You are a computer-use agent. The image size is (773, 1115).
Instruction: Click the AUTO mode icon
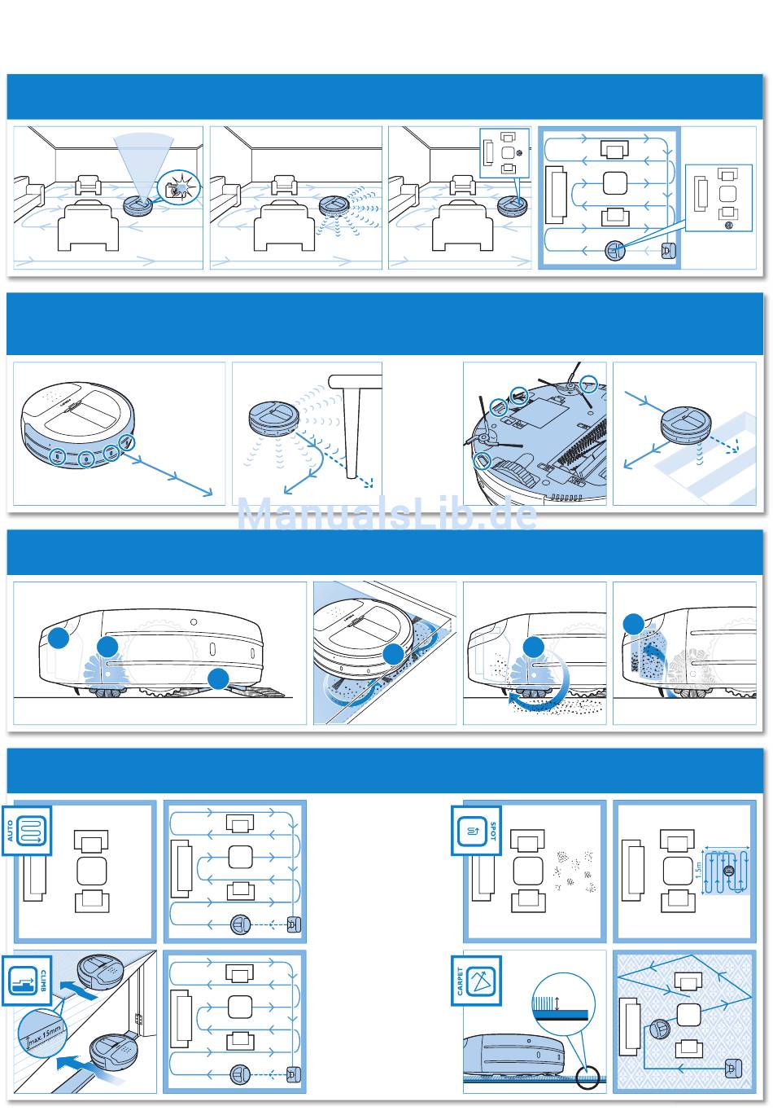27,830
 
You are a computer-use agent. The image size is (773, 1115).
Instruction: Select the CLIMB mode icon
27,981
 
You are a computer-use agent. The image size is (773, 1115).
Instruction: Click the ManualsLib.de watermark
386,514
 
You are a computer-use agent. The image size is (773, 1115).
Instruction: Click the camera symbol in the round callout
177,191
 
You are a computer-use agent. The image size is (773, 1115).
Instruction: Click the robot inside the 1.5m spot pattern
728,871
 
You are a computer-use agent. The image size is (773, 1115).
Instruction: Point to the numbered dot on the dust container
58,638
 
